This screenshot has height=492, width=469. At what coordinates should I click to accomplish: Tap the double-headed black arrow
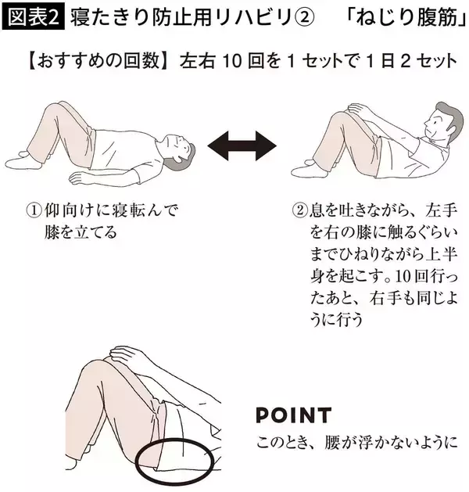click(242, 146)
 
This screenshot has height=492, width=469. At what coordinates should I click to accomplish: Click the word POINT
click(293, 415)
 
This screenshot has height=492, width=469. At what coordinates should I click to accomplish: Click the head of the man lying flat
click(181, 149)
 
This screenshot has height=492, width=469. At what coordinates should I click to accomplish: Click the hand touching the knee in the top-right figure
click(361, 110)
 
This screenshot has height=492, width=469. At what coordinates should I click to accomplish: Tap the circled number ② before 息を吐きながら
click(299, 210)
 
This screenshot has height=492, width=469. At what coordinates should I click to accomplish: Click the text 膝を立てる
click(81, 232)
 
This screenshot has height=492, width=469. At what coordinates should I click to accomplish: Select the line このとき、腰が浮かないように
click(357, 443)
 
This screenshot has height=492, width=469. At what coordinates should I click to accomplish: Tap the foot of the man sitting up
click(309, 170)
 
